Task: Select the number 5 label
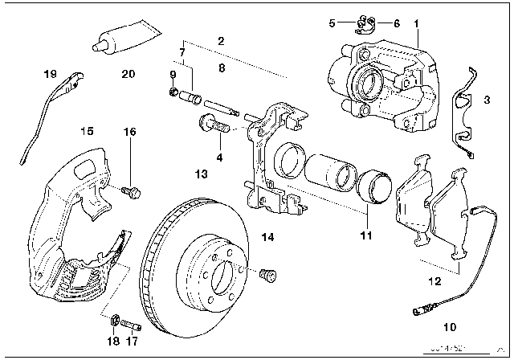click(x=332, y=23)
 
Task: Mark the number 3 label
click(x=487, y=101)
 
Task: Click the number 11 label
click(x=365, y=236)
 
